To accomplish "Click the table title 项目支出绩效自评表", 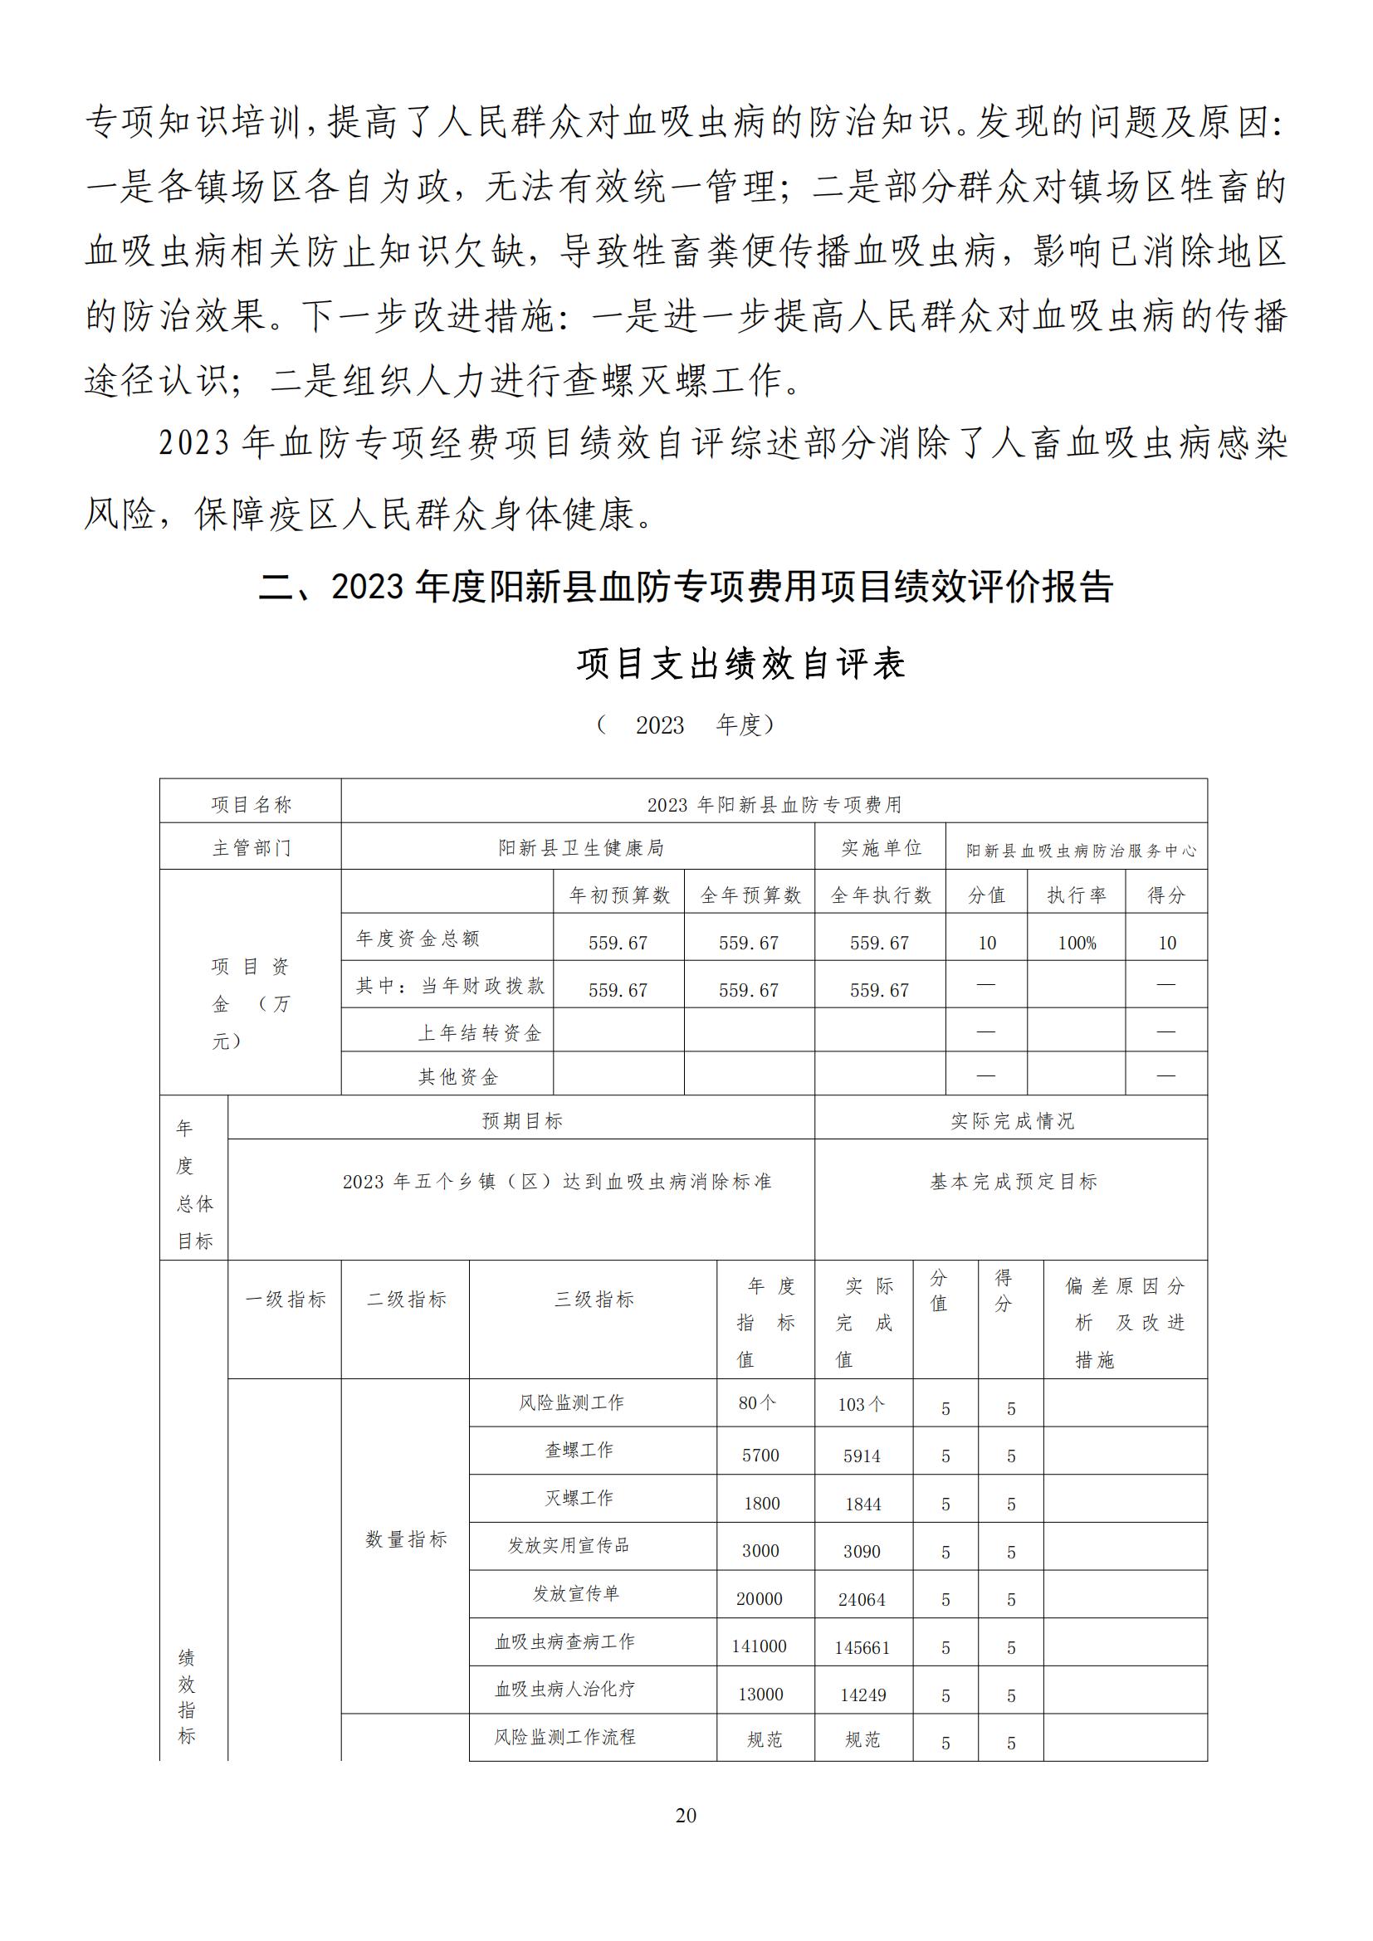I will click(x=740, y=664).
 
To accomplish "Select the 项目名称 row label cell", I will click(x=251, y=805).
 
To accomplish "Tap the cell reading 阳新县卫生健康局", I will click(x=580, y=848).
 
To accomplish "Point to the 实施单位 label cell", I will click(x=880, y=848).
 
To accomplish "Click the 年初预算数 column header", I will click(x=619, y=895).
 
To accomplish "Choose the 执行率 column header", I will click(x=1077, y=895).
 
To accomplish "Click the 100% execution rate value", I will click(x=1077, y=943).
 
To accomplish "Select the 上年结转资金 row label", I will click(x=479, y=1033).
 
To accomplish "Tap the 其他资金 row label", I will click(x=458, y=1077).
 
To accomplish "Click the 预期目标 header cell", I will click(x=521, y=1121).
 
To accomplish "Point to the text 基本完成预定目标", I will click(x=1013, y=1182).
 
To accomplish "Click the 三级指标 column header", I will click(x=594, y=1300).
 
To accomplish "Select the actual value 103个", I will click(x=862, y=1404).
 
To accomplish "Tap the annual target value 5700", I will click(x=760, y=1456).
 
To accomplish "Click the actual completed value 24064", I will click(x=862, y=1599).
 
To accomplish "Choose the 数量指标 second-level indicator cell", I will click(x=406, y=1539).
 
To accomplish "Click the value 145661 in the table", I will click(x=862, y=1648).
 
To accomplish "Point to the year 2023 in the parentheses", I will click(x=659, y=725).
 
